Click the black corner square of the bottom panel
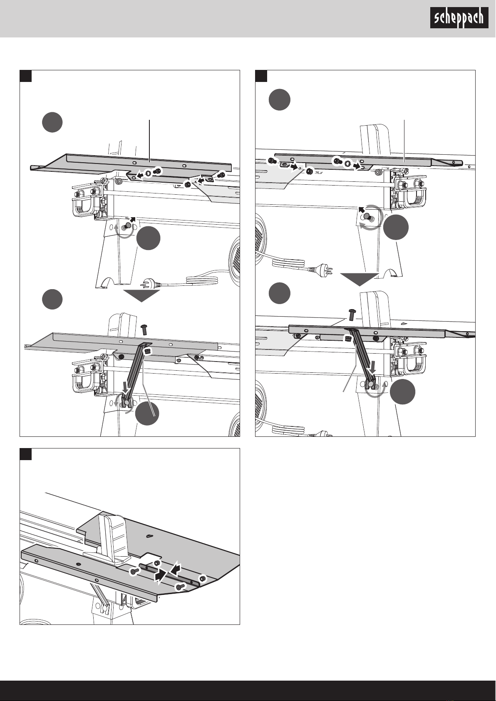[26, 454]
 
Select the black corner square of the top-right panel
[261, 76]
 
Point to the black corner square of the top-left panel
[26, 76]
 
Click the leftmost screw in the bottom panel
[134, 572]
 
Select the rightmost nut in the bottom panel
[203, 578]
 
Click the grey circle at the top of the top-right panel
[280, 99]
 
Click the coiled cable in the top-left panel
[205, 280]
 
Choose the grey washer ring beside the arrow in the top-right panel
[347, 163]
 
